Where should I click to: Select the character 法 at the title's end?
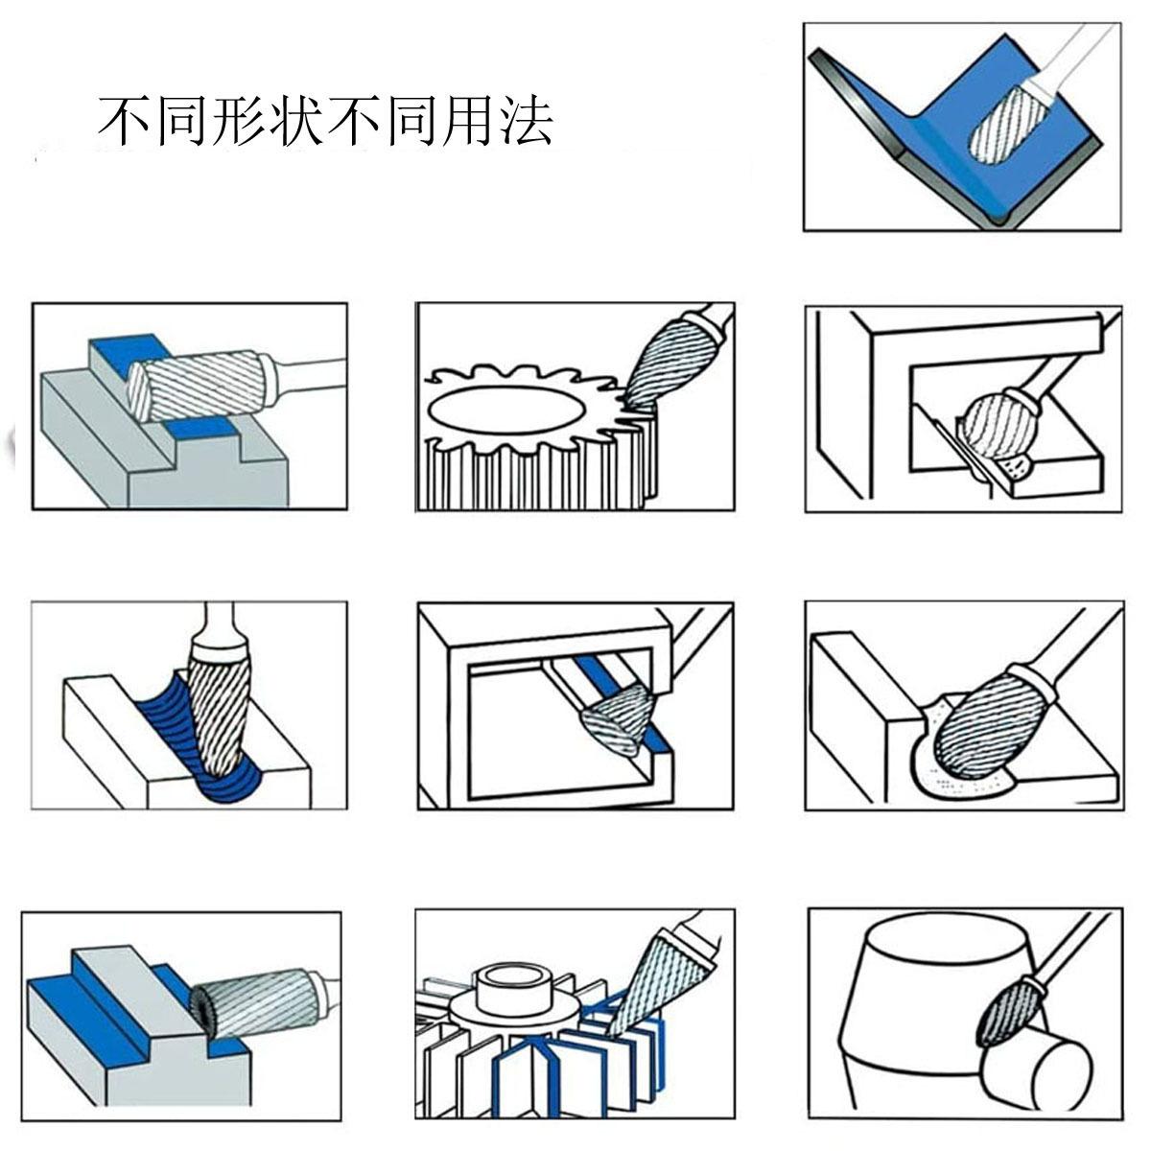click(524, 121)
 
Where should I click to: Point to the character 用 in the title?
click(466, 121)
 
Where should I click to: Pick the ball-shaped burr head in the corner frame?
click(997, 421)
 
